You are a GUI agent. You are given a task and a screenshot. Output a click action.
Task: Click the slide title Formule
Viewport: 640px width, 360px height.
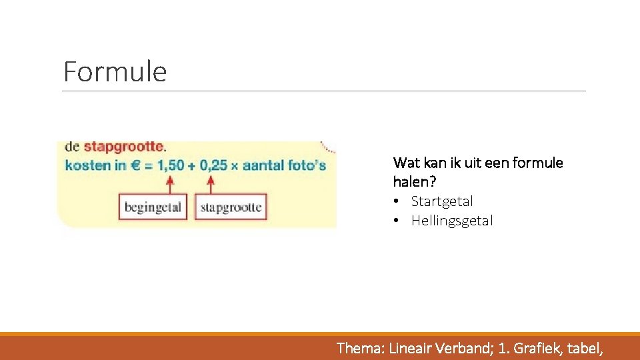115,72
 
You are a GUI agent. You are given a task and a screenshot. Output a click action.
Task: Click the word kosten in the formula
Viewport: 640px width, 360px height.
87,165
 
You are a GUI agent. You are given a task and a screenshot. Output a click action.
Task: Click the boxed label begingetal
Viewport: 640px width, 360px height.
153,207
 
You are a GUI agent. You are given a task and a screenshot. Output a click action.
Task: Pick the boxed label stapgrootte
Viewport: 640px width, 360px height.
231,207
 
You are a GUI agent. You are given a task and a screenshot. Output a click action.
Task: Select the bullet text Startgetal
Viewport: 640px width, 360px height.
442,201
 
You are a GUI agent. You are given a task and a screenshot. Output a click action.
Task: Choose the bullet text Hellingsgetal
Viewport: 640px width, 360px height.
452,221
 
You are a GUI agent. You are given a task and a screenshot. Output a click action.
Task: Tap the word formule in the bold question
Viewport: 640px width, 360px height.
538,163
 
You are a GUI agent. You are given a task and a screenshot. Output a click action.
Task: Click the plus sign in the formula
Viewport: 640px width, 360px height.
193,165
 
